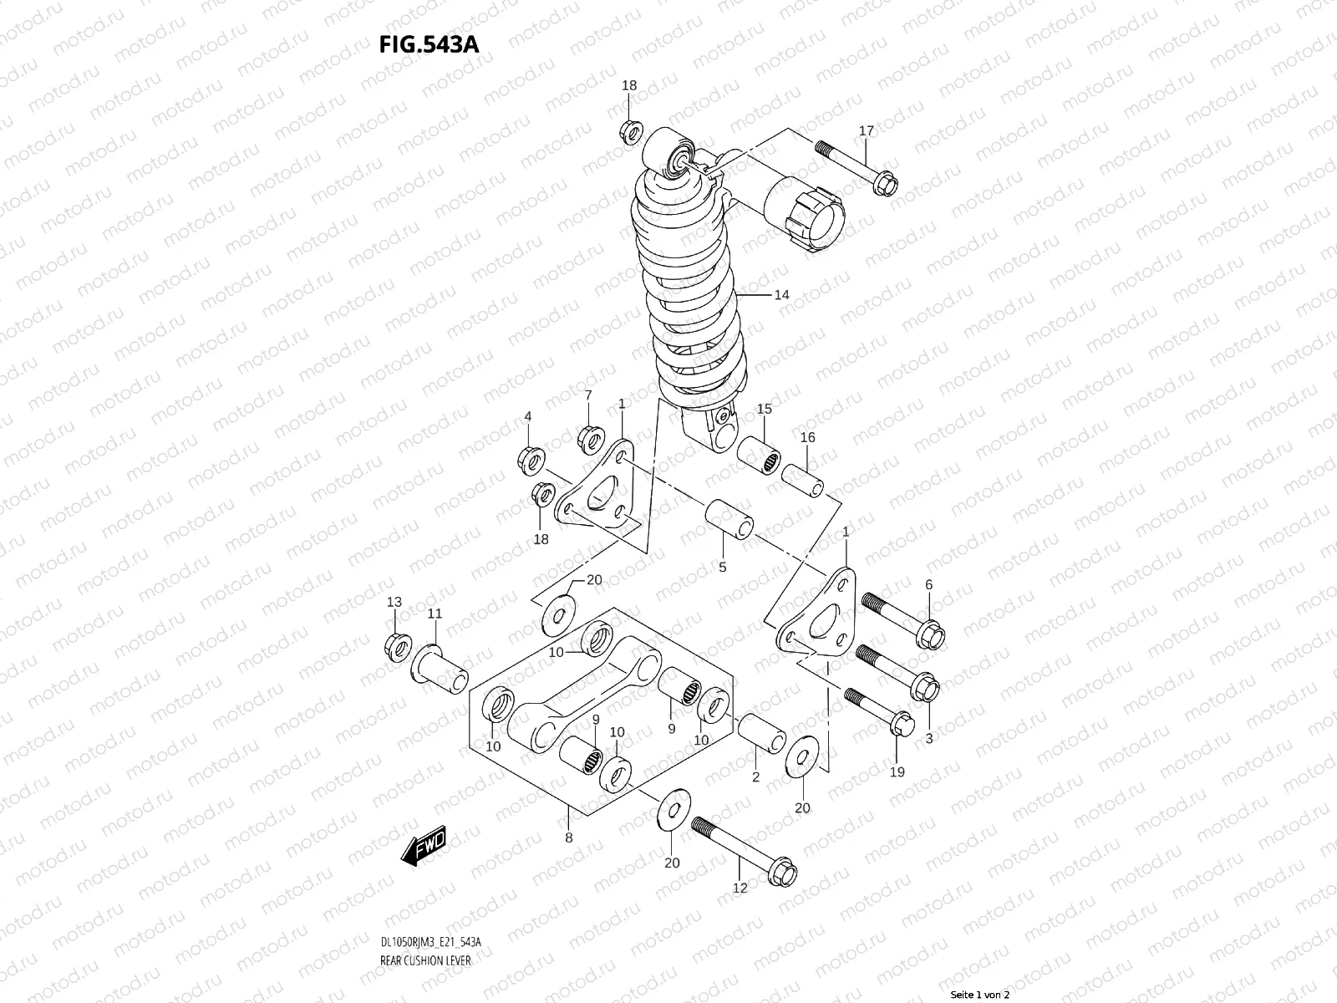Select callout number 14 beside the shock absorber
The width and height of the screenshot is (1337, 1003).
click(x=781, y=294)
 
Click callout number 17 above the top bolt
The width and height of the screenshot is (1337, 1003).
click(x=866, y=130)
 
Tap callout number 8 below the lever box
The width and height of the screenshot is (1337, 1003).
click(x=569, y=838)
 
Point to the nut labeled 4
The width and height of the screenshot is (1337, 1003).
click(x=529, y=457)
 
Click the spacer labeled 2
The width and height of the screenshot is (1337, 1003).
click(x=761, y=733)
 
